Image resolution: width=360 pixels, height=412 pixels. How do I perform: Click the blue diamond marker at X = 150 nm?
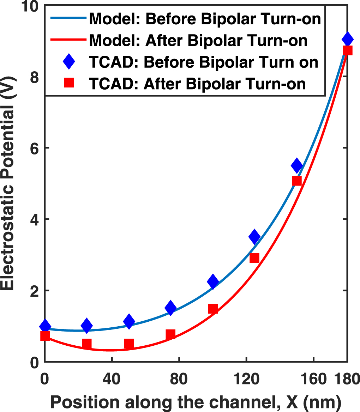296,165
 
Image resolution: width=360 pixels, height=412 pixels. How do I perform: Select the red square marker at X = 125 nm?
254,258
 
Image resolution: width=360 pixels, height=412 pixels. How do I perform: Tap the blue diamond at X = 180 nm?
348,39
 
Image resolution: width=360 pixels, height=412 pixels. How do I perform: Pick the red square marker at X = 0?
45,336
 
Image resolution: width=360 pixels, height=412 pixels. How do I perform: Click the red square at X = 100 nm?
213,309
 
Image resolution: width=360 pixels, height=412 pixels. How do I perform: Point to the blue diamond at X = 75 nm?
170,308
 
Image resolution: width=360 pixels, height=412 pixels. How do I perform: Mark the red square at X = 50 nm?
129,344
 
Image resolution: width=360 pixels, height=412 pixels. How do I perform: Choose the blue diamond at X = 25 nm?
86,326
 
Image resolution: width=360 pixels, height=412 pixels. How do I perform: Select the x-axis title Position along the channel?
196,402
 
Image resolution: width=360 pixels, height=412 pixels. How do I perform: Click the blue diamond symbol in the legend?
69,62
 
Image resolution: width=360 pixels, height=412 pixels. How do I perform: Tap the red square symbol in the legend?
69,83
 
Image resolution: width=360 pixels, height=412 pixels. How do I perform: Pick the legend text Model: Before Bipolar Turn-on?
205,19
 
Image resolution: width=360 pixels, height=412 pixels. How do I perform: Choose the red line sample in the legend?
68,41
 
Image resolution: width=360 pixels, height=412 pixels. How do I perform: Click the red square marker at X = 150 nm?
296,181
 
